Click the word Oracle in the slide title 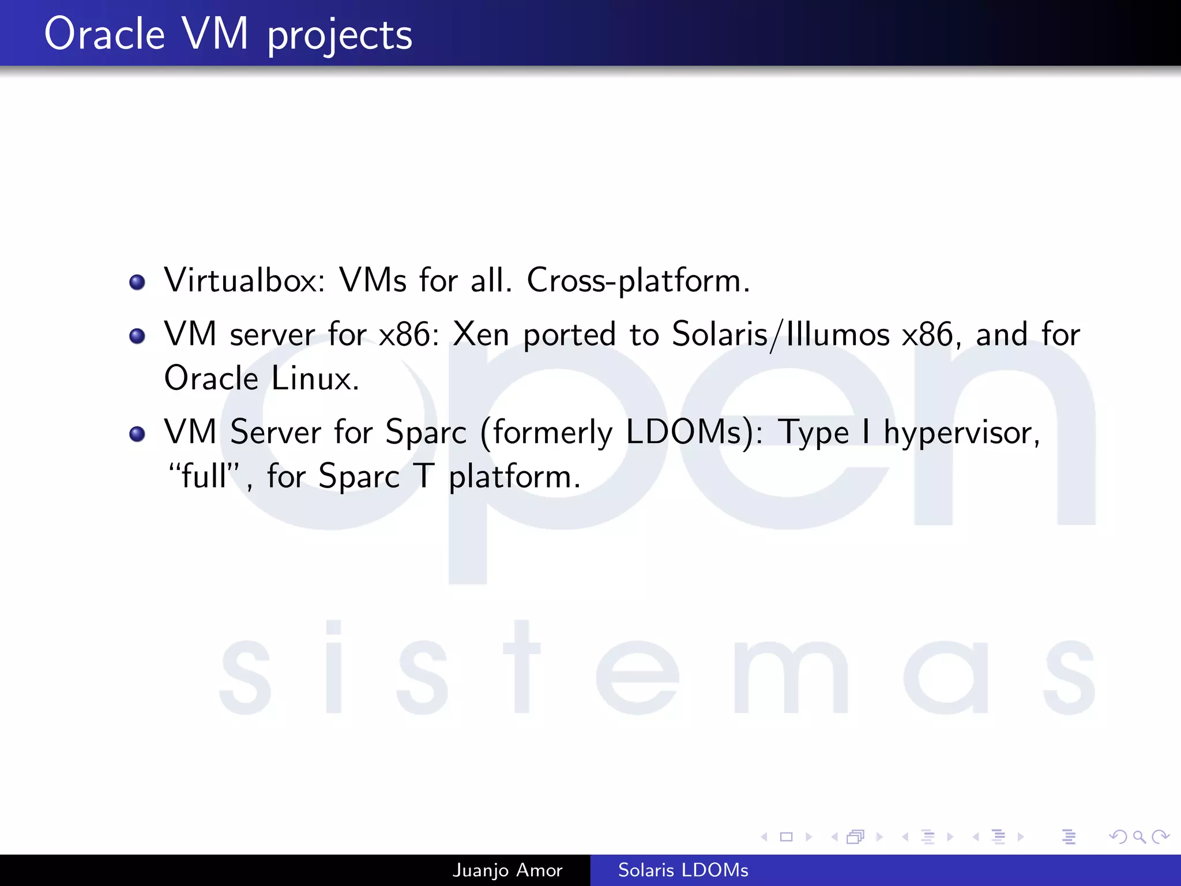pos(104,34)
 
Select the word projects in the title pos(340,36)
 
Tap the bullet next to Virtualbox pos(137,282)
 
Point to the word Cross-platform pos(638,281)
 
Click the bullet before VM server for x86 pos(137,336)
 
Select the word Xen pos(481,335)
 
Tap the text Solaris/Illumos pos(781,335)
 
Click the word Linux pos(315,379)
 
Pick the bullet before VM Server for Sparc pos(137,434)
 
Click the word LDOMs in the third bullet pos(689,433)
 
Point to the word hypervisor pos(961,433)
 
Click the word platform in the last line pos(514,478)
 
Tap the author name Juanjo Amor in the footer pos(507,870)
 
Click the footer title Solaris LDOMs pos(683,870)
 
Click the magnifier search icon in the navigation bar pos(1139,836)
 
